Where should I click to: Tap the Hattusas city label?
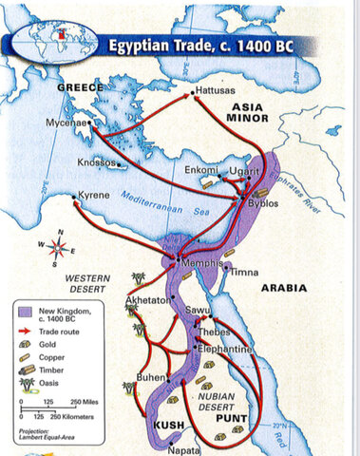[x=216, y=92]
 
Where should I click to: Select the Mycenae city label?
[x=65, y=123]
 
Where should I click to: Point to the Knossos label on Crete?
[x=96, y=162]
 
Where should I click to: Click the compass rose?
[x=60, y=249]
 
